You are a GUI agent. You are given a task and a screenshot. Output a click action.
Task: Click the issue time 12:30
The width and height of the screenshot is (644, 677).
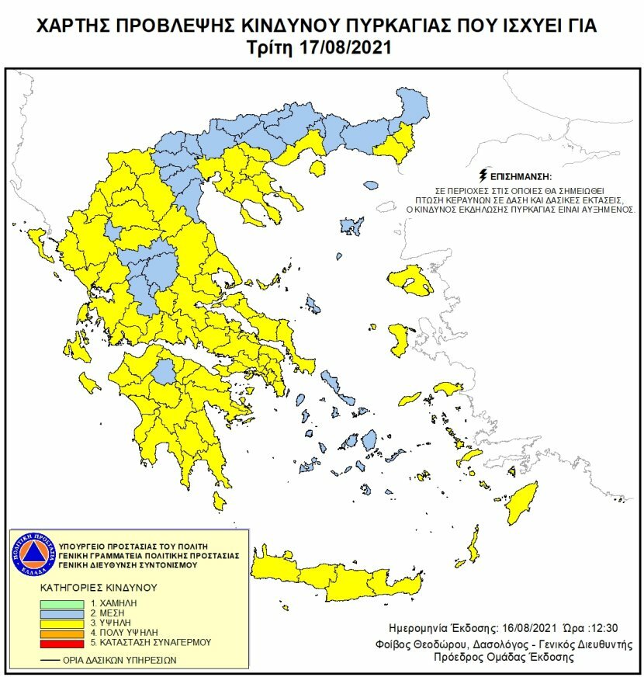click(x=595, y=627)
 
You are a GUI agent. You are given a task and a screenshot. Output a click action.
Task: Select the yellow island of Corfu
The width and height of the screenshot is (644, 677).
click(x=35, y=246)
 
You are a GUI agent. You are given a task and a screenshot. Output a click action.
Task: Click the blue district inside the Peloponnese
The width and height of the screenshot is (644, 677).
click(x=164, y=373)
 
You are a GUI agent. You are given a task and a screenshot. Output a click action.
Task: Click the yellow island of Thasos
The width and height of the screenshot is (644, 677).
click(x=316, y=168)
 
